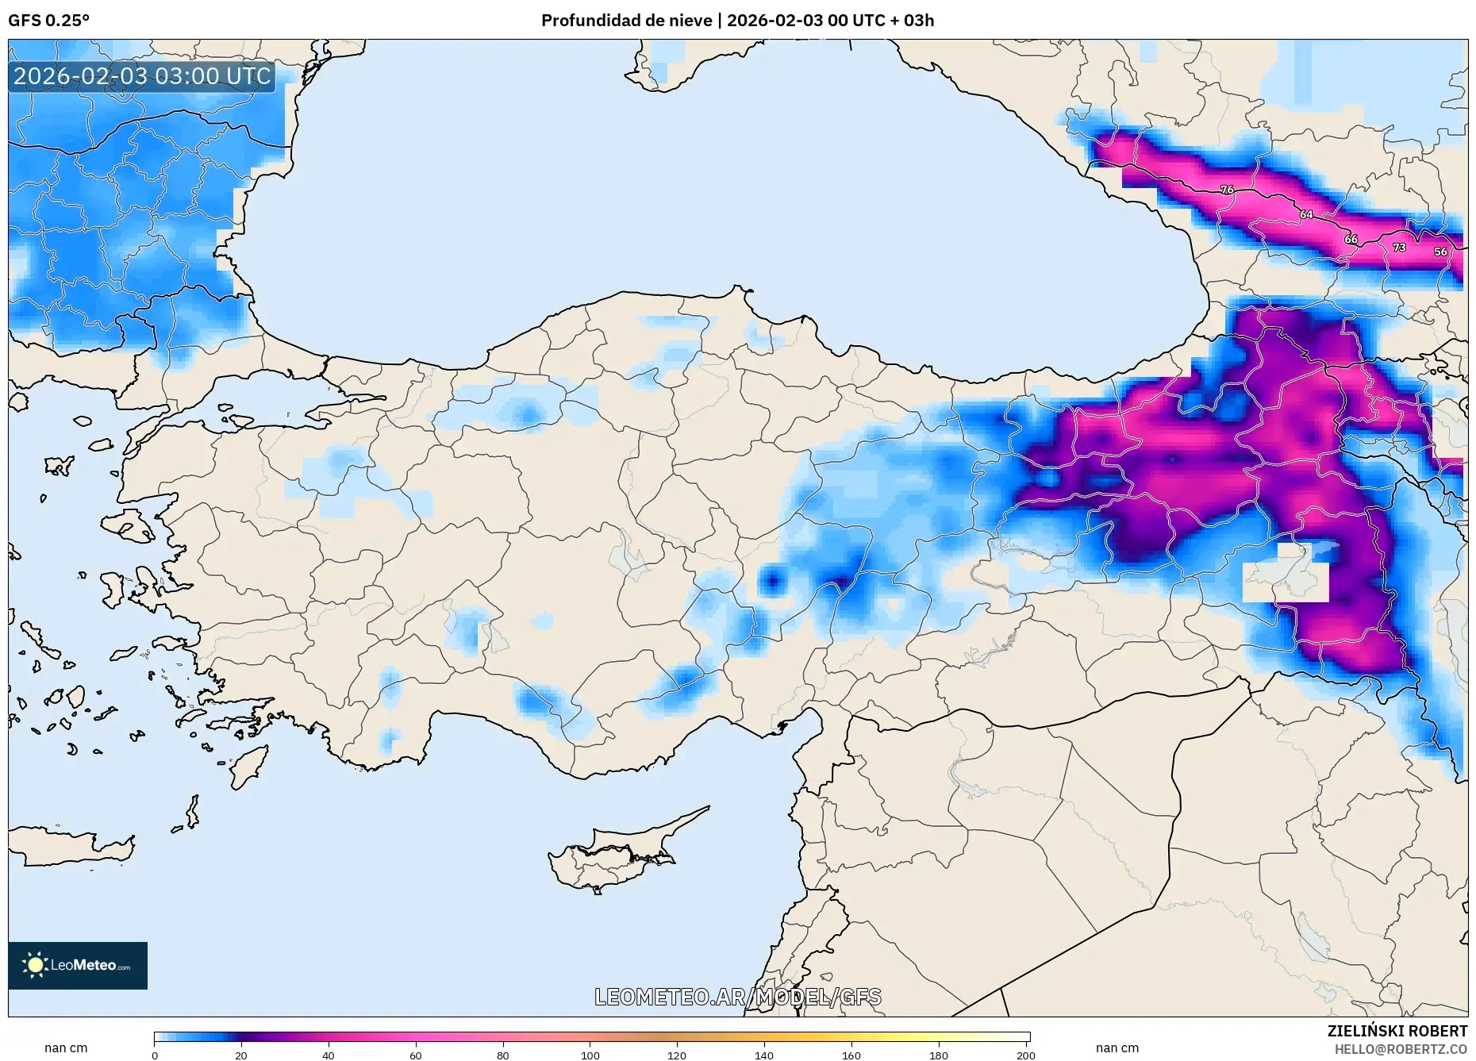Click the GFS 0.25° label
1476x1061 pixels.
click(48, 20)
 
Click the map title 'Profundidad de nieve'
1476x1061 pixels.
click(626, 20)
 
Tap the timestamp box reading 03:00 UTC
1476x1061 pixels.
click(142, 76)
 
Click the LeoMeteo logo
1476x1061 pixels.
click(78, 965)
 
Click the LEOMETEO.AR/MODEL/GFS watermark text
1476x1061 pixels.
click(737, 997)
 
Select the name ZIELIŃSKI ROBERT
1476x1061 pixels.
click(1397, 1031)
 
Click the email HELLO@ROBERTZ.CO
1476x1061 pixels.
click(1401, 1049)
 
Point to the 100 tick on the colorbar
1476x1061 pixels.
click(590, 1055)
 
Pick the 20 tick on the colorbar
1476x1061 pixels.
click(241, 1055)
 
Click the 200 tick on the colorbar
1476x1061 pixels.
click(1025, 1055)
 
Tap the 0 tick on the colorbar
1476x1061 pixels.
click(155, 1055)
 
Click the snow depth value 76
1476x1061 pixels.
click(1227, 190)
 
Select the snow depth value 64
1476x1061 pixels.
click(1305, 214)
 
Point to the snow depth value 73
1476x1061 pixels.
click(1399, 248)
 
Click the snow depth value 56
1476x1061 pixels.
click(1440, 252)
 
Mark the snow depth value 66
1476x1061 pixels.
click(1351, 239)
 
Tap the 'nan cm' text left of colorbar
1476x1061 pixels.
click(66, 1048)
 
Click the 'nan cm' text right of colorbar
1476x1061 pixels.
click(1117, 1048)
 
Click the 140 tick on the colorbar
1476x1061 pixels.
click(764, 1055)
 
